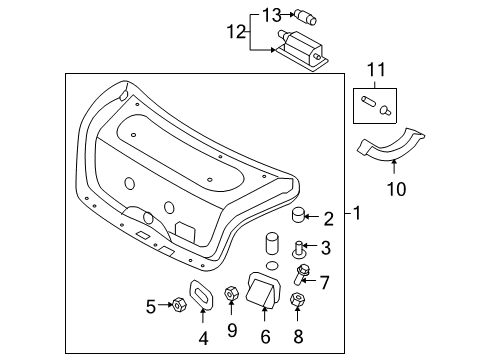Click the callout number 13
click(x=272, y=15)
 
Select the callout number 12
click(x=236, y=32)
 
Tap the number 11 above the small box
click(x=376, y=70)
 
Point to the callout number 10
click(x=396, y=189)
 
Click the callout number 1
click(x=357, y=213)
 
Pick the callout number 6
click(x=265, y=337)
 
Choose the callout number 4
click(x=203, y=338)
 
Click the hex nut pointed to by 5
click(x=178, y=304)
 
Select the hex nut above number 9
click(x=231, y=293)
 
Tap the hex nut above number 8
click(x=297, y=300)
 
